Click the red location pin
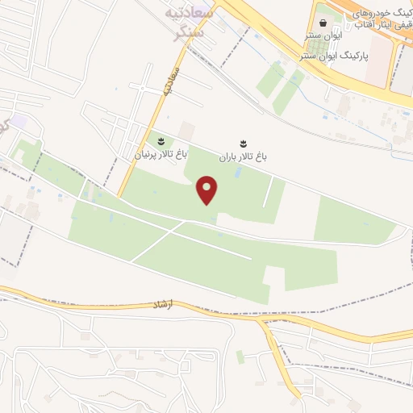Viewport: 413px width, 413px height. point(208,190)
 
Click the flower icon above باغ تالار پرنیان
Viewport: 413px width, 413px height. point(160,141)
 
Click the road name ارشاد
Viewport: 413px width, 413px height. point(163,306)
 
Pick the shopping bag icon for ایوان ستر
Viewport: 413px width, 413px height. point(323,21)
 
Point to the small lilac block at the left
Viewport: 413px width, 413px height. point(19,122)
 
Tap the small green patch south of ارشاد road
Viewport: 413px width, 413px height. point(240,356)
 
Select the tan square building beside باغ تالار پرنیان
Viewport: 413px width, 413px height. point(187,130)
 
